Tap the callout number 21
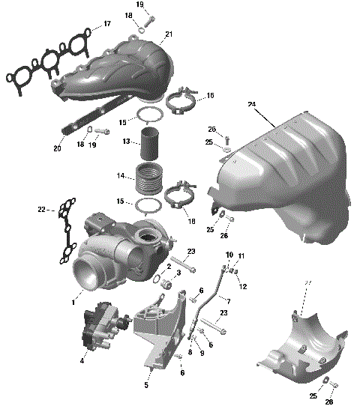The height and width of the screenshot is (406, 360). click(169, 34)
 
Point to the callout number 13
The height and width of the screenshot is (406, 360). click(127, 142)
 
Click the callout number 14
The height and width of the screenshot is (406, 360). click(120, 177)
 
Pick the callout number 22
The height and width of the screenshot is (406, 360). click(41, 210)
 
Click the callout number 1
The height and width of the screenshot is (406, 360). click(73, 302)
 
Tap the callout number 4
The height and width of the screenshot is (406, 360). click(82, 360)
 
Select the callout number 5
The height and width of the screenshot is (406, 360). click(146, 386)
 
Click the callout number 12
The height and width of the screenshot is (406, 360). click(242, 286)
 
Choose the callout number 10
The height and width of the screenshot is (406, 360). click(229, 255)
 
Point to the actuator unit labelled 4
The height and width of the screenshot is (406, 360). click(105, 330)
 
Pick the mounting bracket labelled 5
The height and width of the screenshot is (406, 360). click(161, 330)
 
